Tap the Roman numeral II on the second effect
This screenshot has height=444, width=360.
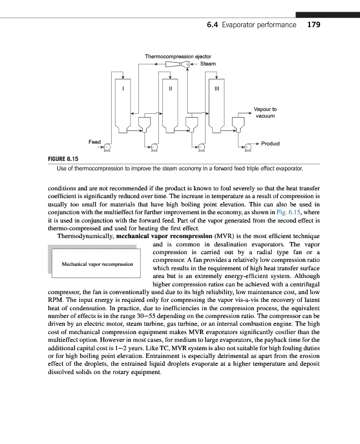170,88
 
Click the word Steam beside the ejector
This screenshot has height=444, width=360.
208,64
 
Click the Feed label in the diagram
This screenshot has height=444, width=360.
94,142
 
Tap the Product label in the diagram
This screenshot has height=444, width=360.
271,144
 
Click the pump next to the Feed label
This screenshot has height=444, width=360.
107,147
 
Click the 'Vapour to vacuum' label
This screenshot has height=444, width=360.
265,113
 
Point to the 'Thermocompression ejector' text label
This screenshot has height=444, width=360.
178,56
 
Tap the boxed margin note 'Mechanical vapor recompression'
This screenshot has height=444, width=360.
98,264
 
